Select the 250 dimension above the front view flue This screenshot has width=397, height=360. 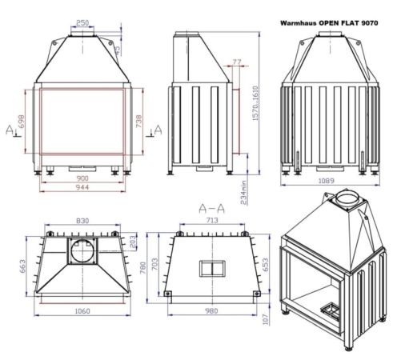click(82, 22)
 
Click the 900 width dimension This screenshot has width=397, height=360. click(82, 178)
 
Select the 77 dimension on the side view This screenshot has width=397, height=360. click(235, 61)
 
